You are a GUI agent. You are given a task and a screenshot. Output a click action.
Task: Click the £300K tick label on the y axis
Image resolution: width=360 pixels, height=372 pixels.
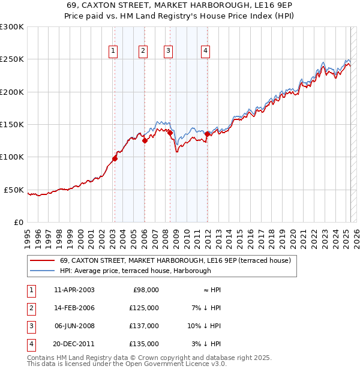pyautogui.click(x=12, y=27)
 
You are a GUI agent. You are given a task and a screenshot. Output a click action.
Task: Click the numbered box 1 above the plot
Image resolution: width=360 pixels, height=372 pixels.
pyautogui.click(x=113, y=51)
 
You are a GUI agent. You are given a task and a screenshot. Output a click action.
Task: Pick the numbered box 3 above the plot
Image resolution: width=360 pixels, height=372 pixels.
pyautogui.click(x=169, y=51)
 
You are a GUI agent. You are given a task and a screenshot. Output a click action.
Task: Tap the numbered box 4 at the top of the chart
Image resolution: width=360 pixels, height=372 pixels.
pyautogui.click(x=205, y=51)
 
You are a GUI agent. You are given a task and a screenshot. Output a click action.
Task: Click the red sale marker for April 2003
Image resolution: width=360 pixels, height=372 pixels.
pyautogui.click(x=115, y=158)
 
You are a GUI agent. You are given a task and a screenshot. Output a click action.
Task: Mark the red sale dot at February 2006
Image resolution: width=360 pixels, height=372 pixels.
pyautogui.click(x=145, y=141)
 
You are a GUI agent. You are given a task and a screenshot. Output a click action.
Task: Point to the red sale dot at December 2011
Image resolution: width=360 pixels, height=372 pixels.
pyautogui.click(x=207, y=134)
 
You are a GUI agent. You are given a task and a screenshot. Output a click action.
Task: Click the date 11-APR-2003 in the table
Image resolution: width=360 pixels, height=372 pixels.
pyautogui.click(x=74, y=290)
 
